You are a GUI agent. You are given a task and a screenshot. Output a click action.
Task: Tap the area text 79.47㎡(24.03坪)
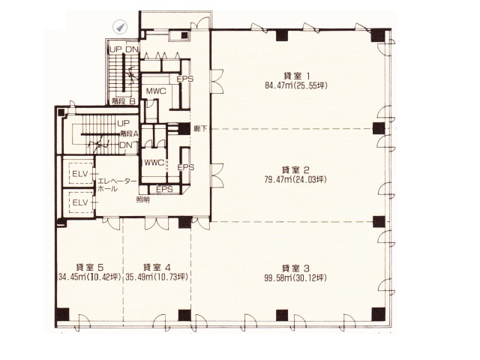click(295, 179)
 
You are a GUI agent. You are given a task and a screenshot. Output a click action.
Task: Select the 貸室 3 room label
click(295, 268)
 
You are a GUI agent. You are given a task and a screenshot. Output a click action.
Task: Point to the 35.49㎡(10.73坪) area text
click(157, 277)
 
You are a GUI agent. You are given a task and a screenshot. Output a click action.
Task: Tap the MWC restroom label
click(156, 91)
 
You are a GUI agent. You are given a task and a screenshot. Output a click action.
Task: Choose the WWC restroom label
click(154, 163)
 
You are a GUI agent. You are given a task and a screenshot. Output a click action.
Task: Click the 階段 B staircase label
click(123, 102)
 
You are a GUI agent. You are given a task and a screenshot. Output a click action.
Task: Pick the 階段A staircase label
click(129, 133)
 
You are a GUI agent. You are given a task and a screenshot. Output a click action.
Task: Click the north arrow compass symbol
click(120, 27)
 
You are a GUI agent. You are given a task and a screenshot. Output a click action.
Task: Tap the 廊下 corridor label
click(200, 128)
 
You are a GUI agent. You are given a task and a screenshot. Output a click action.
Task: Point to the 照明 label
click(143, 200)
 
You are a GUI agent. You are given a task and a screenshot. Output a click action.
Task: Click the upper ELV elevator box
click(80, 173)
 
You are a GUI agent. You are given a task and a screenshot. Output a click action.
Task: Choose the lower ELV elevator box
click(80, 202)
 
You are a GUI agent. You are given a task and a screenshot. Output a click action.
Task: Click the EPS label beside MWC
click(185, 79)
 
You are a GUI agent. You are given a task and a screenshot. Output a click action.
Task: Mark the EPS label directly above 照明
click(164, 189)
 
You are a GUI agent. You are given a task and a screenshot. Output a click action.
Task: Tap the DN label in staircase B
click(132, 49)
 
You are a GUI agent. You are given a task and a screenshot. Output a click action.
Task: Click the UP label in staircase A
click(123, 123)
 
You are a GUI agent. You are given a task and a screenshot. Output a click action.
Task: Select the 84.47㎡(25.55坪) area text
click(296, 85)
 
